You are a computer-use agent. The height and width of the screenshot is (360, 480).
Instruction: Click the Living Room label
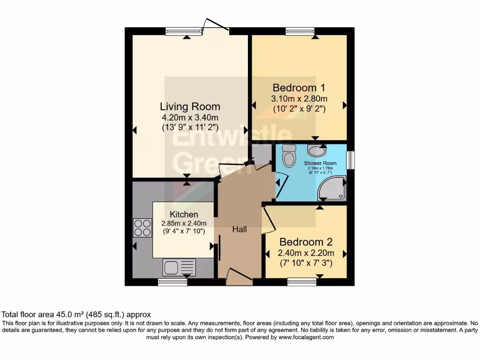click(x=190, y=106)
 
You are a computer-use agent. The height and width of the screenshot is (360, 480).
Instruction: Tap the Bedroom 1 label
click(x=299, y=88)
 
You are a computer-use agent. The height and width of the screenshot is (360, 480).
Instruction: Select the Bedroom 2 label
click(x=306, y=242)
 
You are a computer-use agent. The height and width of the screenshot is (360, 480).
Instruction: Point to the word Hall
click(x=240, y=229)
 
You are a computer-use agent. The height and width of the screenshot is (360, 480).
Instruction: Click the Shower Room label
click(x=320, y=163)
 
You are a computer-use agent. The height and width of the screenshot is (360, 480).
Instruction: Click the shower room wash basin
click(x=317, y=150)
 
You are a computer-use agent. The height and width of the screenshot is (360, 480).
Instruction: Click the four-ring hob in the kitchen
click(x=142, y=227)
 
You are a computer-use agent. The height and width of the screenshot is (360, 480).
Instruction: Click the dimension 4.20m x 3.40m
click(x=190, y=117)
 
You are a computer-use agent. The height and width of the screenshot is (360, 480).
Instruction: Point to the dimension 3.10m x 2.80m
click(x=299, y=98)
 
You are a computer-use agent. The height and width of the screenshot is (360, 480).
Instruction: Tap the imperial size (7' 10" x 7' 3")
click(x=306, y=263)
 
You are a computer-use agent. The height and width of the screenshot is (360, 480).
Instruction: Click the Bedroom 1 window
click(x=300, y=31)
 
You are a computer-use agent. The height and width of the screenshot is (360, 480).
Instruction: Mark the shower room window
click(x=350, y=160)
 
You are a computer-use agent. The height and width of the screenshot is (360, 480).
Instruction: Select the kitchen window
click(x=172, y=282)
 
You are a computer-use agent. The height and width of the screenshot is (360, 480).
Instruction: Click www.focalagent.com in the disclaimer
click(x=306, y=337)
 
